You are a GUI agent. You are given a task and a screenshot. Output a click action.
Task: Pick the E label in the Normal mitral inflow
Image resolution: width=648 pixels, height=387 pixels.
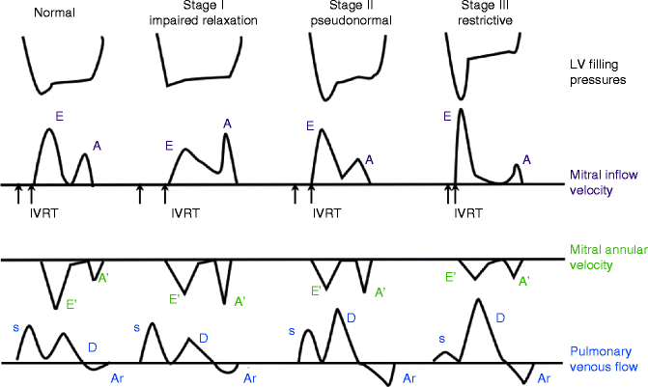(x=60, y=116)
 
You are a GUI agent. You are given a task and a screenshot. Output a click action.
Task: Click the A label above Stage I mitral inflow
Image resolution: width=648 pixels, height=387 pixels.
(x=227, y=123)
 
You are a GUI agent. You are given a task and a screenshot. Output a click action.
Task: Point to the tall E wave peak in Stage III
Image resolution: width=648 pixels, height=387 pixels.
(x=462, y=110)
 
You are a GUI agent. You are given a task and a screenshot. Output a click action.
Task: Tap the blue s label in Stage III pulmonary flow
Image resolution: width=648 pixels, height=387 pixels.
(x=442, y=339)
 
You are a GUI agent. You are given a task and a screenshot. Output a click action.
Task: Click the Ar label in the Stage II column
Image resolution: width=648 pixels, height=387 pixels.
(x=410, y=378)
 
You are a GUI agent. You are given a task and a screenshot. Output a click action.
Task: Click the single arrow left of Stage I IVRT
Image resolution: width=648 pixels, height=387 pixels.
(x=140, y=194)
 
